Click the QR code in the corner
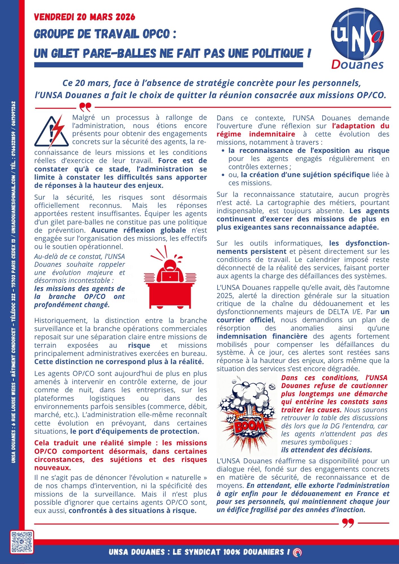click(22, 542)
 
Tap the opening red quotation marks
click(85, 107)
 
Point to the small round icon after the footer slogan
click(297, 552)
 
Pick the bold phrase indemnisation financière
click(262, 336)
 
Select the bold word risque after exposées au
click(139, 345)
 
